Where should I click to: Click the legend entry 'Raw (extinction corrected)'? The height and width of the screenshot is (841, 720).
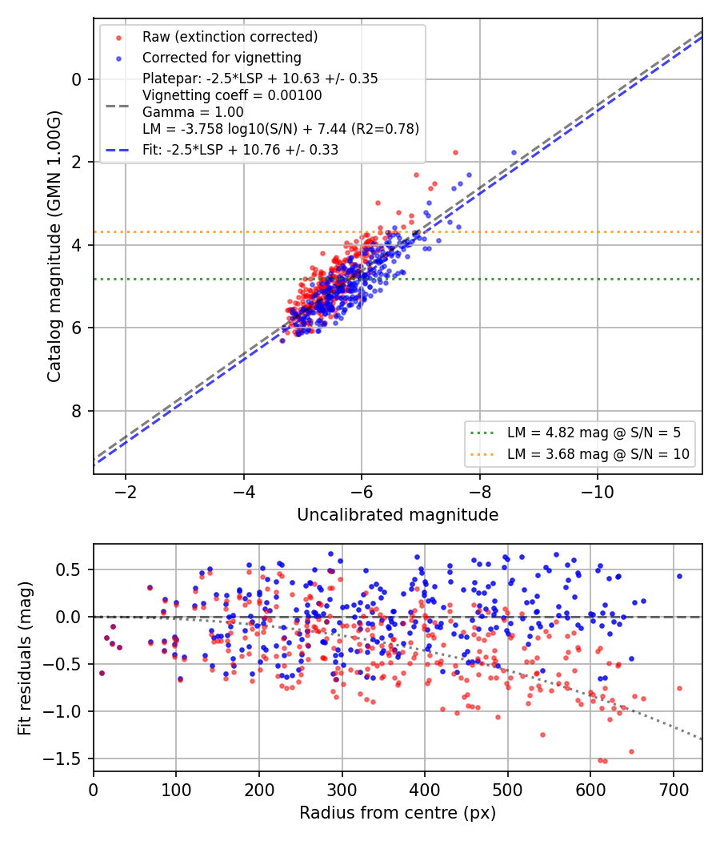pos(230,37)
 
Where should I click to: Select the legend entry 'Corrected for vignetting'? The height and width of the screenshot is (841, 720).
pos(222,58)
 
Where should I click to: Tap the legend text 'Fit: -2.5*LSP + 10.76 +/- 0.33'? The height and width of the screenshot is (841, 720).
pos(241,150)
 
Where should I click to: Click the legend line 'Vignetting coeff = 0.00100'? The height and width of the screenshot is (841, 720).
pos(232,95)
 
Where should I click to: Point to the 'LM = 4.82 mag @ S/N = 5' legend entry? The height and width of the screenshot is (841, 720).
pos(594,433)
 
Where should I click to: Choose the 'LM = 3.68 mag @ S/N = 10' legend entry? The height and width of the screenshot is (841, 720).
pos(598,454)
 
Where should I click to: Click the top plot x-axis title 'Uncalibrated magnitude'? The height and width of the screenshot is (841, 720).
pos(398,515)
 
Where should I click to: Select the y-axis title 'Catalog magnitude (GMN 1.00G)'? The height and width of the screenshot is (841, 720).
pos(54,247)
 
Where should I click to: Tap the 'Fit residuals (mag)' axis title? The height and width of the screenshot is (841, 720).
pos(25,658)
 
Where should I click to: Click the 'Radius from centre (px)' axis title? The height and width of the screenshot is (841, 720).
pos(398,813)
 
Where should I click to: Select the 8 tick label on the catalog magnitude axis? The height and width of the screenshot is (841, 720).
pos(77,412)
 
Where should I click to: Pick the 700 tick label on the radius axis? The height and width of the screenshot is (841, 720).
pos(674,790)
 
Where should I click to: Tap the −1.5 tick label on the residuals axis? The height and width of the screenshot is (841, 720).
pos(62,759)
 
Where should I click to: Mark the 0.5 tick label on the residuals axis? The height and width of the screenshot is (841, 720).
pos(69,569)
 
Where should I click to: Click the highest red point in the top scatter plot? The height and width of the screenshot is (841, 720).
pos(455,153)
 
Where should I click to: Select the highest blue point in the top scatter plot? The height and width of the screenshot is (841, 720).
pos(514,153)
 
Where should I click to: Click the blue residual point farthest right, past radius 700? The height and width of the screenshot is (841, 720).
pos(679,577)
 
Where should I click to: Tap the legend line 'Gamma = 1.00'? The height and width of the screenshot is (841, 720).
pos(193,113)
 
